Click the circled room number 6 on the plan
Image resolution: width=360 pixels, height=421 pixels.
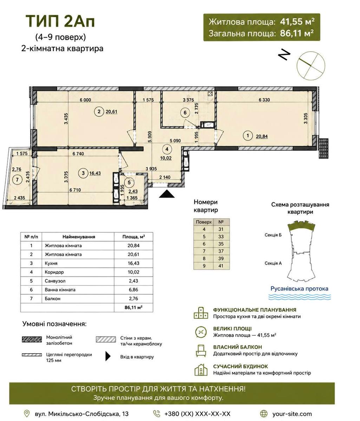(185, 113)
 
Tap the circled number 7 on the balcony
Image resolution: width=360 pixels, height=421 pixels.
(17, 180)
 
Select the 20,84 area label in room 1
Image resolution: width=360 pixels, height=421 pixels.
(262, 136)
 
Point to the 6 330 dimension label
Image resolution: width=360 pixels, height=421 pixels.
(264, 100)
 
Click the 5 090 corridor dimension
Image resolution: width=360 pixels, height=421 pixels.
(175, 141)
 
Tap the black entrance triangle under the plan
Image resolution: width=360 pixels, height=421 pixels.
(167, 194)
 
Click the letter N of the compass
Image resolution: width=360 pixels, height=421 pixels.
(284, 55)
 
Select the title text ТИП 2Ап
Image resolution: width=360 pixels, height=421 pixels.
(60, 21)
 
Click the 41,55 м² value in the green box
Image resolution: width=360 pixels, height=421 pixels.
(297, 21)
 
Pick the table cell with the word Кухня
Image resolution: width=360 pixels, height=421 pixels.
(51, 263)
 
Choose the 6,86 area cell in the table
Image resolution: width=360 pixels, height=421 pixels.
(133, 290)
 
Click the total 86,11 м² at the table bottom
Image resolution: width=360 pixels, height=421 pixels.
(133, 307)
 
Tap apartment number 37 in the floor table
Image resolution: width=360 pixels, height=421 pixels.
(221, 251)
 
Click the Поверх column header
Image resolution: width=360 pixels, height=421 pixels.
(204, 222)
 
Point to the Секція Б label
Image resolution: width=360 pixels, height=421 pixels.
(273, 235)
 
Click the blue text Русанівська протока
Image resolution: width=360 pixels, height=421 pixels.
(299, 289)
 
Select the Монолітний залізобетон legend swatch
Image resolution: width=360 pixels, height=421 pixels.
(32, 339)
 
